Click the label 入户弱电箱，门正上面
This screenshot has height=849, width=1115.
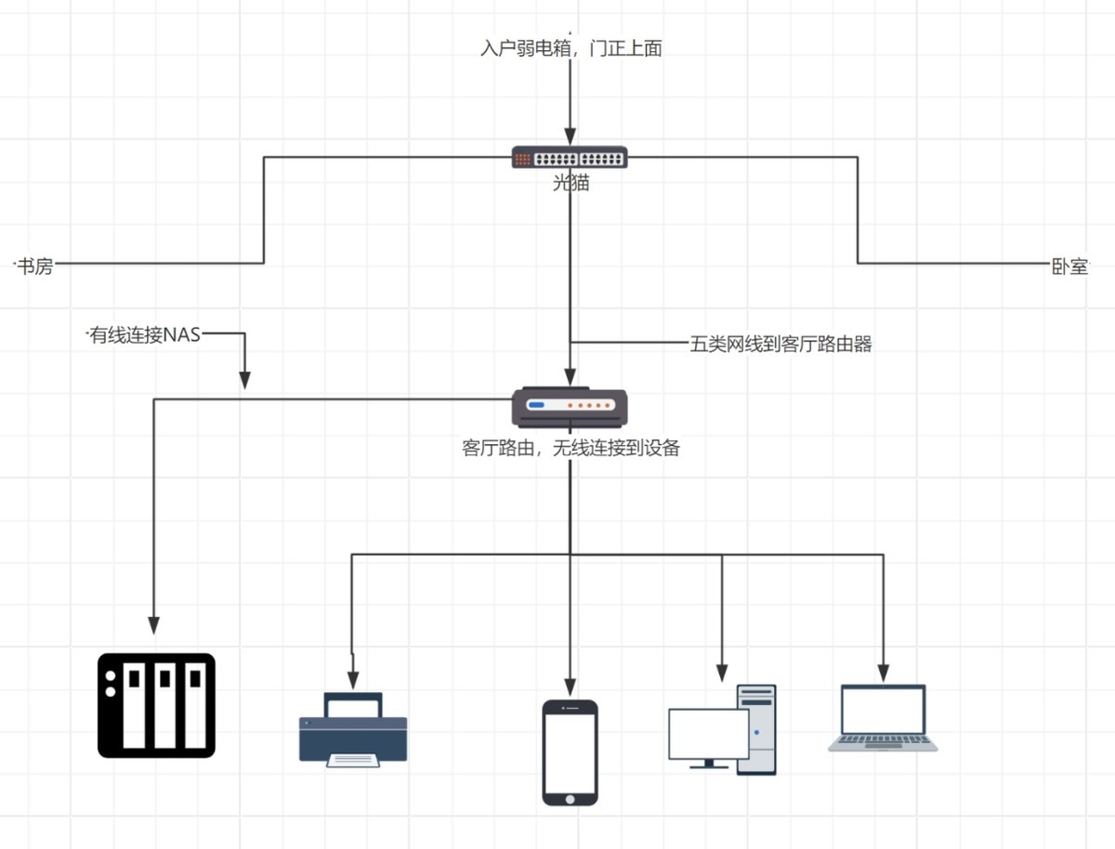point(571,49)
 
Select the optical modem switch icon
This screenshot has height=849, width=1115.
point(570,157)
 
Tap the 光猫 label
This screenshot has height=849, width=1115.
point(571,183)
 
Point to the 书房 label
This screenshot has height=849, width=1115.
point(35,267)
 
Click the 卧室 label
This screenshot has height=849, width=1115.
point(1065,267)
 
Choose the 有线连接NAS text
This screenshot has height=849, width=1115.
point(144,334)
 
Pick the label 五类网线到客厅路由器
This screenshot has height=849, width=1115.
point(780,345)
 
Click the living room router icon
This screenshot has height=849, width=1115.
point(570,406)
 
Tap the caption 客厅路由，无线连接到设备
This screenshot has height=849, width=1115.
point(571,449)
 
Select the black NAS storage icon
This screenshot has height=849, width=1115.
point(157,705)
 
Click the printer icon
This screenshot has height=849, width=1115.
point(353,730)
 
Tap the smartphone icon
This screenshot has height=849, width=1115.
point(570,752)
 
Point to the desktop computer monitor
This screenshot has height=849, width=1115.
point(708,736)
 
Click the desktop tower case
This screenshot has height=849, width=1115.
point(756,729)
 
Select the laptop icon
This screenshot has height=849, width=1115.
point(883,717)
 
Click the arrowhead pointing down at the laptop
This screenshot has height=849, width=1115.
point(884,671)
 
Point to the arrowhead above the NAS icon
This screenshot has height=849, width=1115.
point(154,624)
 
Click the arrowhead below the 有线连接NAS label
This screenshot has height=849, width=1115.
point(244,380)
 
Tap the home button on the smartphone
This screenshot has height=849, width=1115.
point(570,796)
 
